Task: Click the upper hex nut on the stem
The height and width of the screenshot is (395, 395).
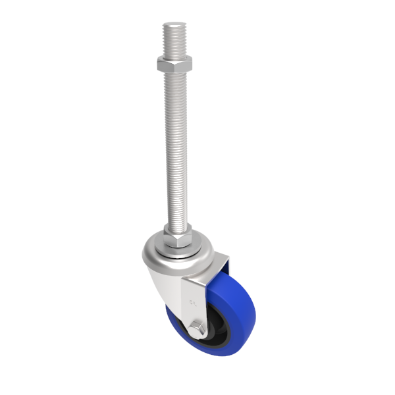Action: (174, 64)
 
